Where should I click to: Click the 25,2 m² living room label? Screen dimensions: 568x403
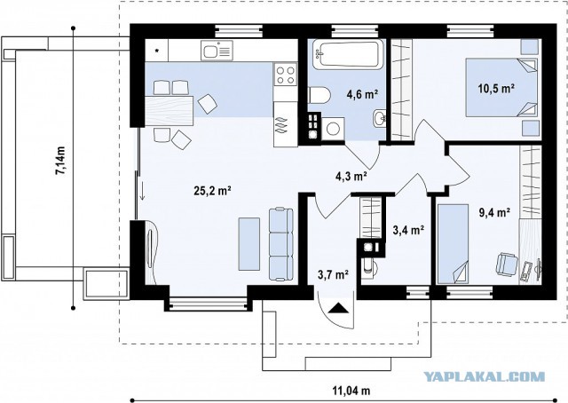click(x=213, y=191)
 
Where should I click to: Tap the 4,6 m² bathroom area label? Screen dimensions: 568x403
click(x=363, y=95)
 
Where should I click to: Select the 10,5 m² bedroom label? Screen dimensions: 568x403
click(x=497, y=89)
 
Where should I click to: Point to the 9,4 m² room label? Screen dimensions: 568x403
click(x=495, y=212)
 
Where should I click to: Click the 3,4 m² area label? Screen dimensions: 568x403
click(x=408, y=229)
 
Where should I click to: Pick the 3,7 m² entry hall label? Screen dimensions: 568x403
click(x=334, y=274)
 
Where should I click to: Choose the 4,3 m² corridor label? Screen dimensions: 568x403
click(x=351, y=176)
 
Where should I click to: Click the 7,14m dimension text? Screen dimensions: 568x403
click(x=60, y=161)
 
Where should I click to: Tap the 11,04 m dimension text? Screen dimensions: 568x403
click(x=351, y=391)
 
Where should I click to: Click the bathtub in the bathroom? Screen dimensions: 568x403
click(x=348, y=54)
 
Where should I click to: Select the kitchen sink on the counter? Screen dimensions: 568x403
click(x=217, y=51)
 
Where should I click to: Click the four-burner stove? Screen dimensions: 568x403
click(x=286, y=75)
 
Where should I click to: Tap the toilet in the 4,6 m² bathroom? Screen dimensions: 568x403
click(x=319, y=95)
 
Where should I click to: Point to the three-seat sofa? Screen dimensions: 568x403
click(x=281, y=244)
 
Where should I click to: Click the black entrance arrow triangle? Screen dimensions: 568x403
click(x=339, y=307)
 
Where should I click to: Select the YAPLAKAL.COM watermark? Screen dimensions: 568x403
click(x=484, y=377)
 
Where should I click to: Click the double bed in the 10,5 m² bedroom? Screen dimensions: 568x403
click(x=501, y=87)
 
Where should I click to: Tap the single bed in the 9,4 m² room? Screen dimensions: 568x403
click(x=453, y=244)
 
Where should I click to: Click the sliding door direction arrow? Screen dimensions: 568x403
click(x=143, y=191)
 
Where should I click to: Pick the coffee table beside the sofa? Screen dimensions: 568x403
click(x=249, y=244)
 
